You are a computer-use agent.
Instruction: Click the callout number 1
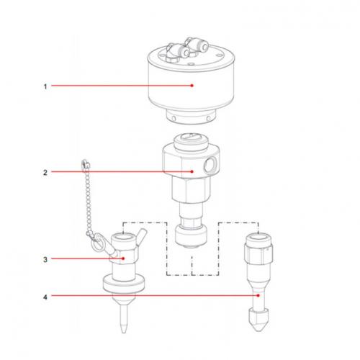pyautogui.click(x=45, y=86)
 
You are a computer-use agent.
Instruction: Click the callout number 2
pyautogui.click(x=45, y=171)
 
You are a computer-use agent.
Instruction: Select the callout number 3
pyautogui.click(x=45, y=257)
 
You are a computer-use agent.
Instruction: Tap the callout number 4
pyautogui.click(x=45, y=295)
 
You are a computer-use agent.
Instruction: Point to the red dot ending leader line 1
pyautogui.click(x=192, y=86)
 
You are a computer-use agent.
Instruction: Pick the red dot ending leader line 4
pyautogui.click(x=258, y=295)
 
